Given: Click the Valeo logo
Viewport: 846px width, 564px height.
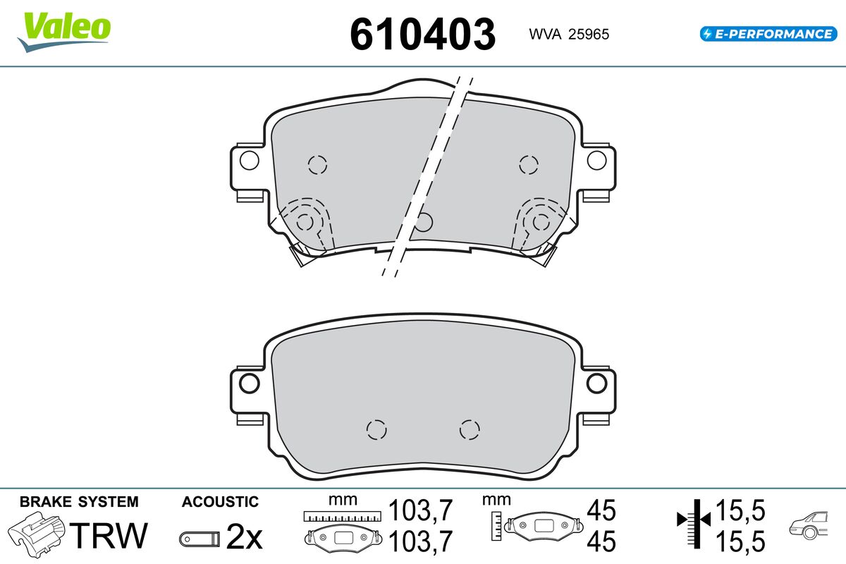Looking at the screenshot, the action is [64, 32].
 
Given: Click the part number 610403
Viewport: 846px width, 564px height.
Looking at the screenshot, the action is [422, 35].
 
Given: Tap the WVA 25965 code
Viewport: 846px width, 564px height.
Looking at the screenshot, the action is [569, 35].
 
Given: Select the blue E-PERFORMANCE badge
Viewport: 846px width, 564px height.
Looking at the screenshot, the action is [768, 34].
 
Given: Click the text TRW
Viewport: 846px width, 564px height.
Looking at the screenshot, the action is [109, 535].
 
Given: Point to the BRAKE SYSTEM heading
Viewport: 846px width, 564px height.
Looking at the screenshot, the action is [79, 502].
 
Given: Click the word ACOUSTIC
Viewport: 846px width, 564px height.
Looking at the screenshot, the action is [220, 502].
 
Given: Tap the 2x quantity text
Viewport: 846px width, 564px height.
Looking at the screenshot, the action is [244, 537].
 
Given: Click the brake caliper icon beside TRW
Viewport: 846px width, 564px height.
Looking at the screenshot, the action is [36, 534].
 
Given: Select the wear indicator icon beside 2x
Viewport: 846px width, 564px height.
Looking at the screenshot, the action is [200, 539].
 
